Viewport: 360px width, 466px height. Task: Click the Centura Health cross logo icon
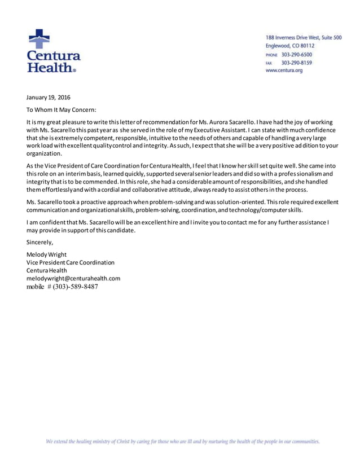point(39,39)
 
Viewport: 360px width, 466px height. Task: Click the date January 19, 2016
point(49,98)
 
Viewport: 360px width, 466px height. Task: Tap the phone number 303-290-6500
point(297,54)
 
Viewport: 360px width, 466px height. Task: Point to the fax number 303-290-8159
point(297,63)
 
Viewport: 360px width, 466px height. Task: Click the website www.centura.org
point(284,71)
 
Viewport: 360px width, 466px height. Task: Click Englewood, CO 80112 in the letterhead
point(290,46)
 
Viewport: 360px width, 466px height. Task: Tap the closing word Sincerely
point(40,242)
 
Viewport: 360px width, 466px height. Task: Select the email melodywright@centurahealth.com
point(73,278)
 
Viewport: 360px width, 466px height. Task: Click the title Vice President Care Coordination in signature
point(71,262)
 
